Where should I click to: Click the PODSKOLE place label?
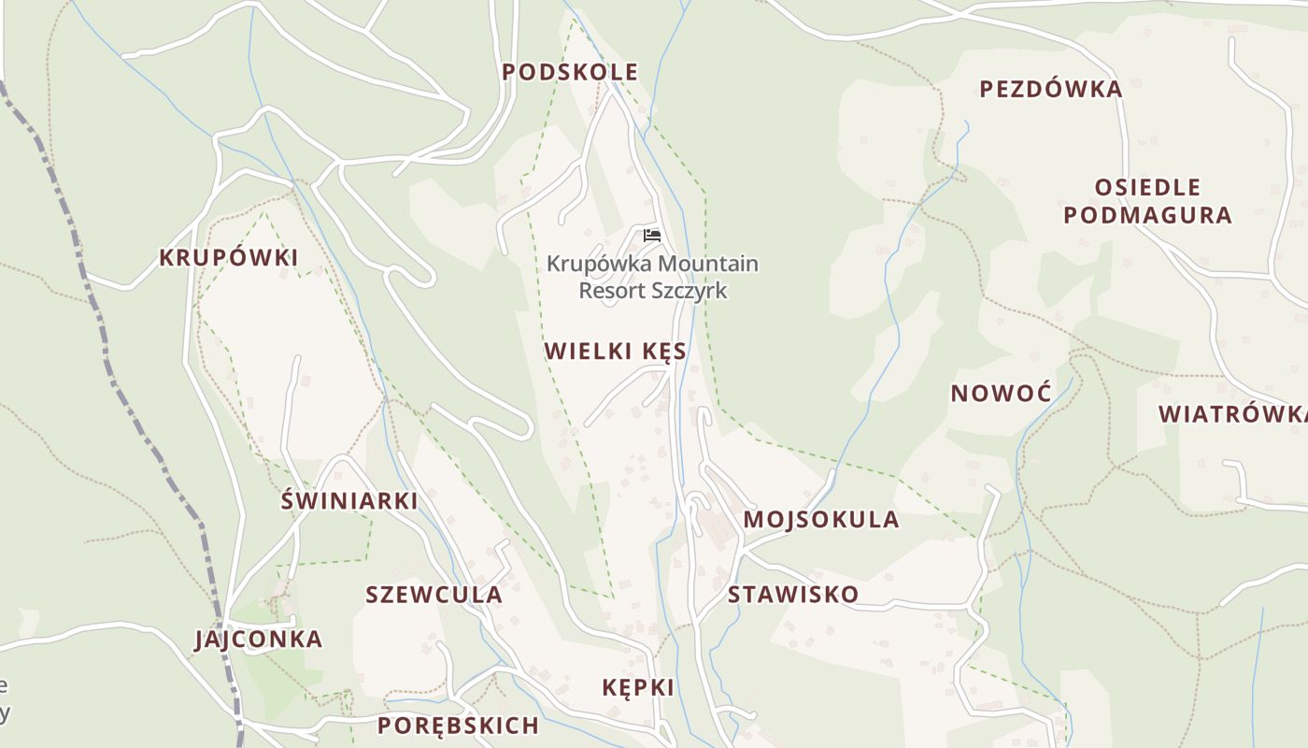(x=570, y=72)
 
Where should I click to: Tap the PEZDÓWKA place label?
(x=1050, y=90)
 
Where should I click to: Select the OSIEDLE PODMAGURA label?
(x=1147, y=201)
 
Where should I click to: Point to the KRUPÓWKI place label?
(x=228, y=258)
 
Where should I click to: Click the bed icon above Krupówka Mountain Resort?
(x=652, y=235)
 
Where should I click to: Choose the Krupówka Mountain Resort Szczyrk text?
(x=652, y=277)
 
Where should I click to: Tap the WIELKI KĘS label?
(x=616, y=352)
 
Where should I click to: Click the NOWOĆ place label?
(x=1001, y=394)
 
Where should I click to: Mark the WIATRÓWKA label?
(x=1231, y=414)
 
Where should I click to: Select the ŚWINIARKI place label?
(x=349, y=501)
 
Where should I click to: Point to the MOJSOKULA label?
(x=821, y=520)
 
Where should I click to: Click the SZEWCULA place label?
(x=434, y=595)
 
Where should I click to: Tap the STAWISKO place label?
(x=792, y=595)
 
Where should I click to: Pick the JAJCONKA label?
(x=258, y=640)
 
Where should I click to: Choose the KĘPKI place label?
(x=638, y=688)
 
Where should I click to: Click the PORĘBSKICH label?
(x=458, y=726)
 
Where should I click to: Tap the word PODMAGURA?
(x=1147, y=215)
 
